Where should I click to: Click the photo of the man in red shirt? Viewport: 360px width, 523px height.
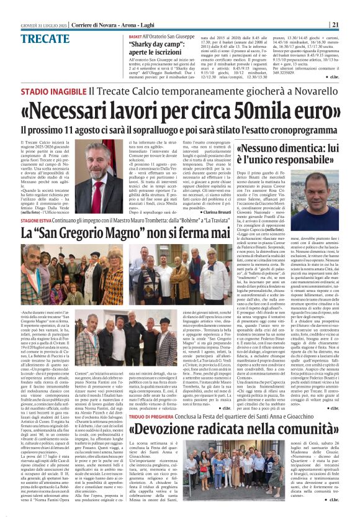[x=322, y=195]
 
